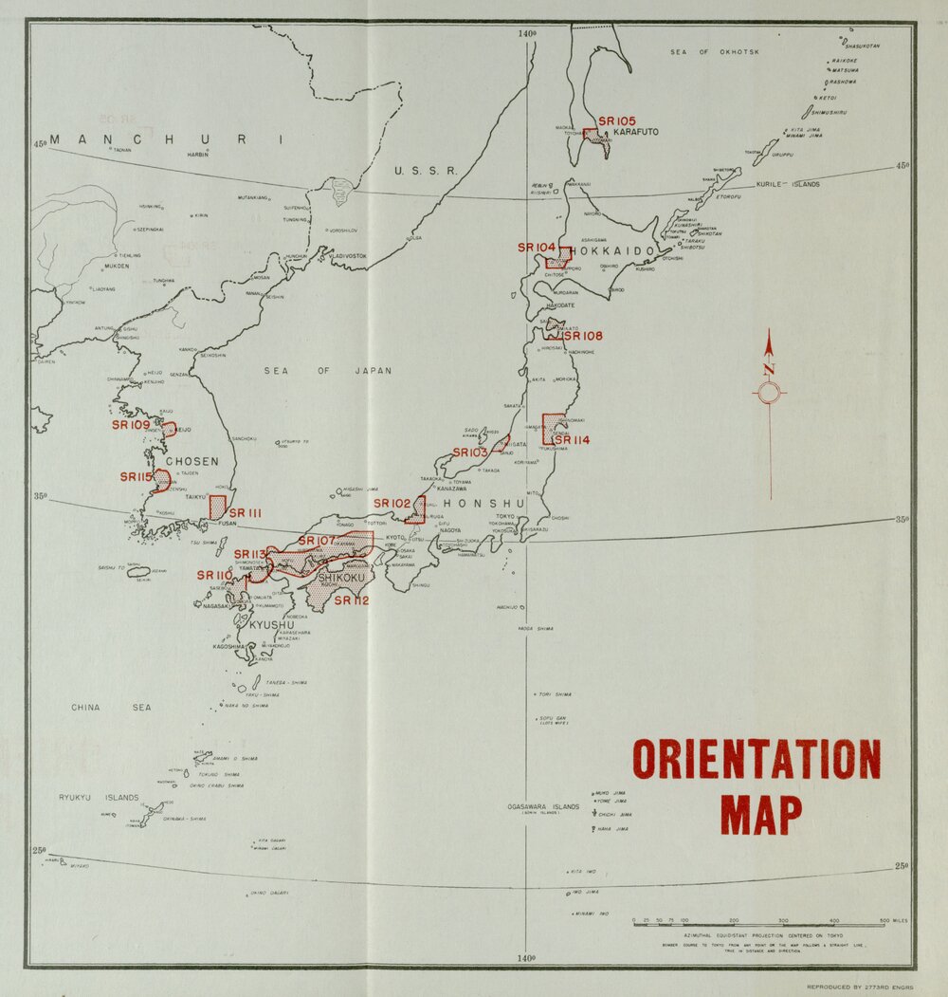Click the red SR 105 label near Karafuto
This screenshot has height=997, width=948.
click(617, 121)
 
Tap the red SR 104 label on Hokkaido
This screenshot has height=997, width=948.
click(537, 248)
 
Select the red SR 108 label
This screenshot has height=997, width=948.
click(583, 336)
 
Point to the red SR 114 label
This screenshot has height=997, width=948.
click(572, 440)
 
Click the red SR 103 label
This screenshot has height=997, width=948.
click(470, 452)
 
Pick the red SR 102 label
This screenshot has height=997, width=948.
click(392, 504)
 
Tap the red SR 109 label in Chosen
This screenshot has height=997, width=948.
click(132, 425)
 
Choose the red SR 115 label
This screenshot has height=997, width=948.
click(136, 477)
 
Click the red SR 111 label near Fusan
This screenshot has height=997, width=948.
click(245, 513)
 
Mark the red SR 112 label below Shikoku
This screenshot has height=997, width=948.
click(351, 600)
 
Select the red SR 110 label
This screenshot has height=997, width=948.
click(214, 575)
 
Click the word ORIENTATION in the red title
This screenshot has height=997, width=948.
click(757, 759)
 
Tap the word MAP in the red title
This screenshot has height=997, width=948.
click(761, 814)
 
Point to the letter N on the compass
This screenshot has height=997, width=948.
click(769, 370)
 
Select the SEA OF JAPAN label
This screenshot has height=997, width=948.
click(327, 371)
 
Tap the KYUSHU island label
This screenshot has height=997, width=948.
click(272, 625)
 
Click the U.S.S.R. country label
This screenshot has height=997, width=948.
click(426, 171)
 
